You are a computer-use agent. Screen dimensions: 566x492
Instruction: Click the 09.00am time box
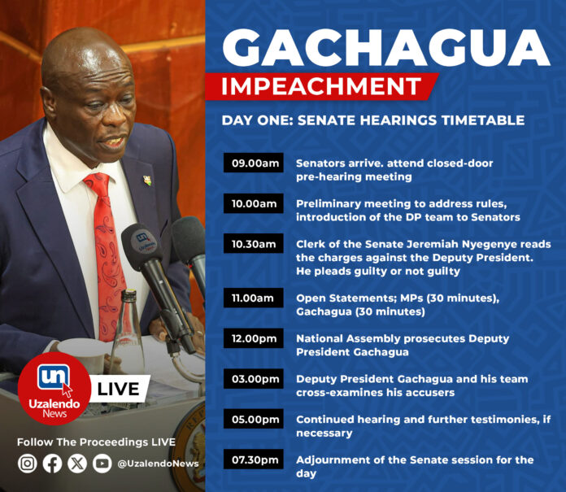254,163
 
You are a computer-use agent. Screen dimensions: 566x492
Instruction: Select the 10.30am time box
254,244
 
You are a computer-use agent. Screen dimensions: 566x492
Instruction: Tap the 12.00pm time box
254,338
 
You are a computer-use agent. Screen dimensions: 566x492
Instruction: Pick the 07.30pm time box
254,459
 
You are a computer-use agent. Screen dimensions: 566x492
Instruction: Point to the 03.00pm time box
254,379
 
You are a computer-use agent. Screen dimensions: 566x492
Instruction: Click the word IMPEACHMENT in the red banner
321,86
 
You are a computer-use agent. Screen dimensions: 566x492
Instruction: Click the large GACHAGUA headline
386,48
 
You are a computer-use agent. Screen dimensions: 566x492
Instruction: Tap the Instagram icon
28,463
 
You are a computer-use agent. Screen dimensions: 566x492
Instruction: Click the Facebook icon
52,463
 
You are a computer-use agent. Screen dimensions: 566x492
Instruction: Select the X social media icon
77,463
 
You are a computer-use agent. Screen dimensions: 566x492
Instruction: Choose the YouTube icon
102,463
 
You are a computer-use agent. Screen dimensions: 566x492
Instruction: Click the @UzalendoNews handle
158,464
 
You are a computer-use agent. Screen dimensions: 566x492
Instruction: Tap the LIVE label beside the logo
118,389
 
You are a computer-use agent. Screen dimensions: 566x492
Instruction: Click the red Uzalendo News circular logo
54,389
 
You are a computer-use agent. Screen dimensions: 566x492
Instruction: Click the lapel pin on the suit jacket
147,181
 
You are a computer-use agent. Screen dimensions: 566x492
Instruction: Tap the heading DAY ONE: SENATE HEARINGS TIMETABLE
373,120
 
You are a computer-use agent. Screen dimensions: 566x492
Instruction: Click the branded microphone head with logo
141,246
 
